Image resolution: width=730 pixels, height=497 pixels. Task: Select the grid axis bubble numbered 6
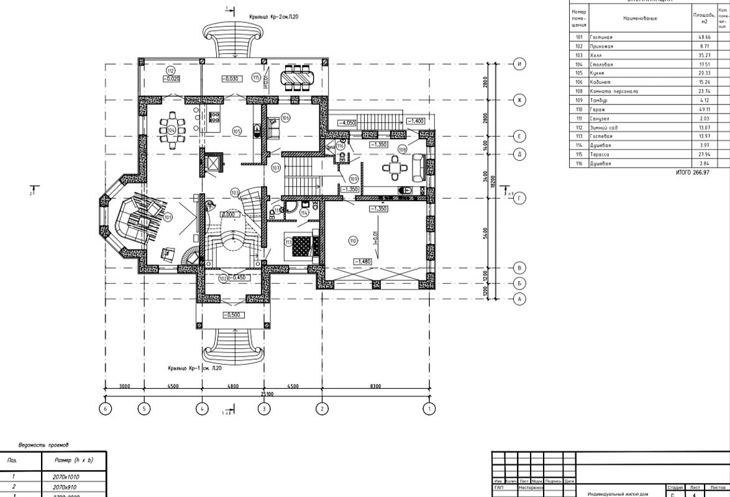106,409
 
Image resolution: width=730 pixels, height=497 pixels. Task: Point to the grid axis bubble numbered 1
429,409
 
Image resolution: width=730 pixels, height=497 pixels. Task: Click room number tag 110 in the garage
353,241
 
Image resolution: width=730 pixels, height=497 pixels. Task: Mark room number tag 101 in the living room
168,218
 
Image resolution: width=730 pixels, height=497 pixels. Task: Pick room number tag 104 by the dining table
171,130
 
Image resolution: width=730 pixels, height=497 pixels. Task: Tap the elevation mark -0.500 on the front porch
233,315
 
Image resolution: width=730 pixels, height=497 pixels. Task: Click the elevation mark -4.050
347,123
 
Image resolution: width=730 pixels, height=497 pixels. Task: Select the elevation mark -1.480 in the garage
362,262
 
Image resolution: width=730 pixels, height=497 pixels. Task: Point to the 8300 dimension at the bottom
375,386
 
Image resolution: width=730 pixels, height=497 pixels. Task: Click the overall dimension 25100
268,394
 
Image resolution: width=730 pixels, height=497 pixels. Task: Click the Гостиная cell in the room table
601,37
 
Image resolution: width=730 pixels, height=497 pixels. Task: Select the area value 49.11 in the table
704,109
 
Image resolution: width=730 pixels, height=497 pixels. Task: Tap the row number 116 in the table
579,163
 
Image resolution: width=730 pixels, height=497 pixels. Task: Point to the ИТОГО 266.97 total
692,172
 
